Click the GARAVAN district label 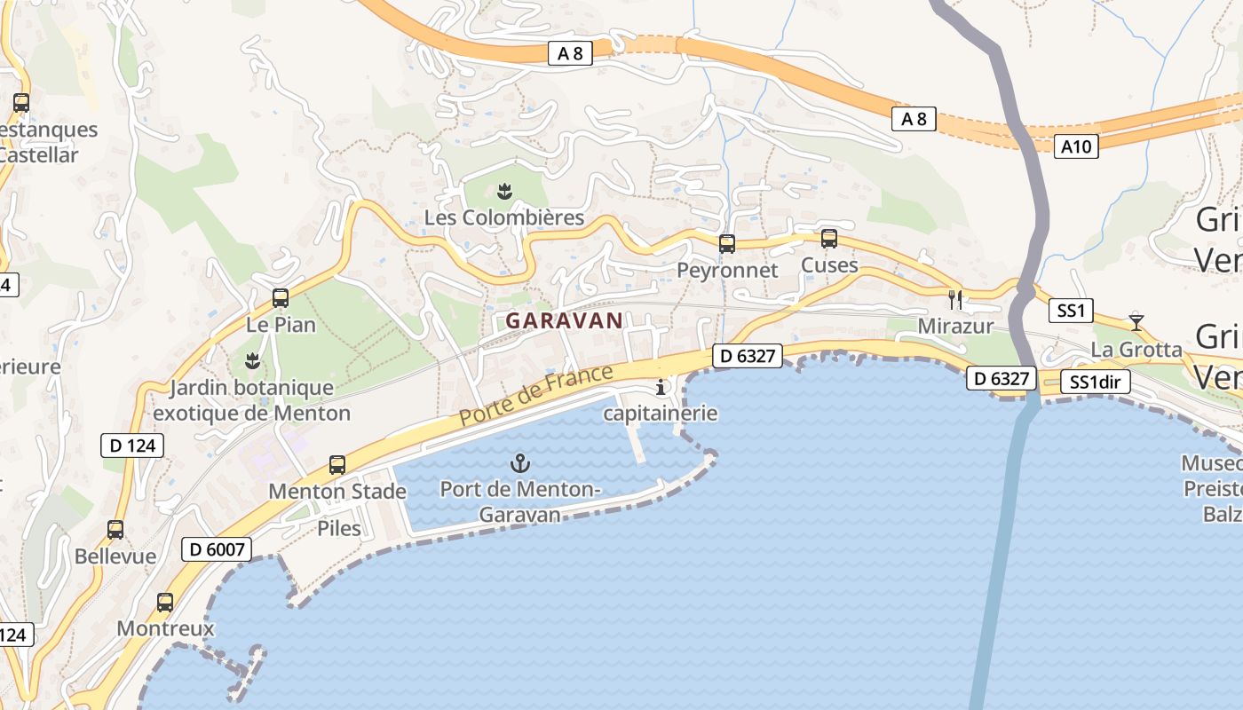pos(565,320)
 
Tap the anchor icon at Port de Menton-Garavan pos(520,462)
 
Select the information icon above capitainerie pos(661,387)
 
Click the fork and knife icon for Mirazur pos(955,299)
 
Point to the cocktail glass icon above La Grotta pos(1136,321)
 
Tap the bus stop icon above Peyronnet pos(727,243)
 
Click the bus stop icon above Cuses pos(829,238)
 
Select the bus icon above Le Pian pos(281,298)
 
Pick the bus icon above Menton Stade pos(337,464)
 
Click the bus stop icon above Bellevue pos(115,530)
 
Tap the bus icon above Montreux pos(165,603)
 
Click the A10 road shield pos(1078,146)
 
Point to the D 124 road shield pos(133,445)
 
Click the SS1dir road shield pos(1096,383)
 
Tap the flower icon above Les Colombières pos(504,191)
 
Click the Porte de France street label pos(536,395)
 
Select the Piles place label pos(339,528)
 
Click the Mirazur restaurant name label pos(955,326)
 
